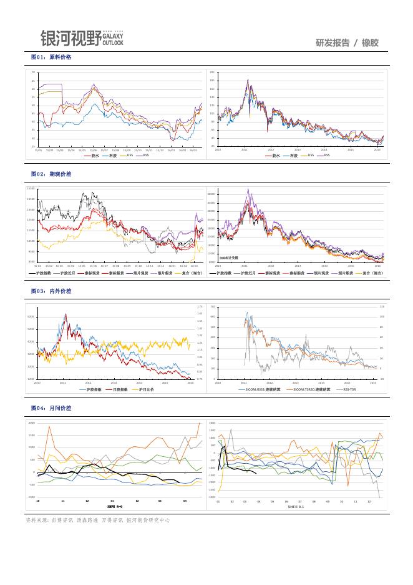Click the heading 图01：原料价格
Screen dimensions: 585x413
pos(52,57)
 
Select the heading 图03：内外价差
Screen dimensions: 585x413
pos(52,291)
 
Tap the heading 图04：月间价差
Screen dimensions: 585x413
pos(52,407)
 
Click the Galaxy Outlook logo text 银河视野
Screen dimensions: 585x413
pos(70,39)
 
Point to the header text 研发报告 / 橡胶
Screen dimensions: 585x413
pos(347,42)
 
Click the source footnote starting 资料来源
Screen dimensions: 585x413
pos(97,520)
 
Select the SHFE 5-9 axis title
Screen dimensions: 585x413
pos(115,507)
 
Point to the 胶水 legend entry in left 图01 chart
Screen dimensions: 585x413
pos(95,155)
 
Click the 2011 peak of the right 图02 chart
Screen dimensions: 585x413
pos(248,189)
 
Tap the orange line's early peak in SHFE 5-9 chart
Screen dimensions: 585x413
pos(49,426)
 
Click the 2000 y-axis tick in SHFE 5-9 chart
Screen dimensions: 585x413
pos(31,422)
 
